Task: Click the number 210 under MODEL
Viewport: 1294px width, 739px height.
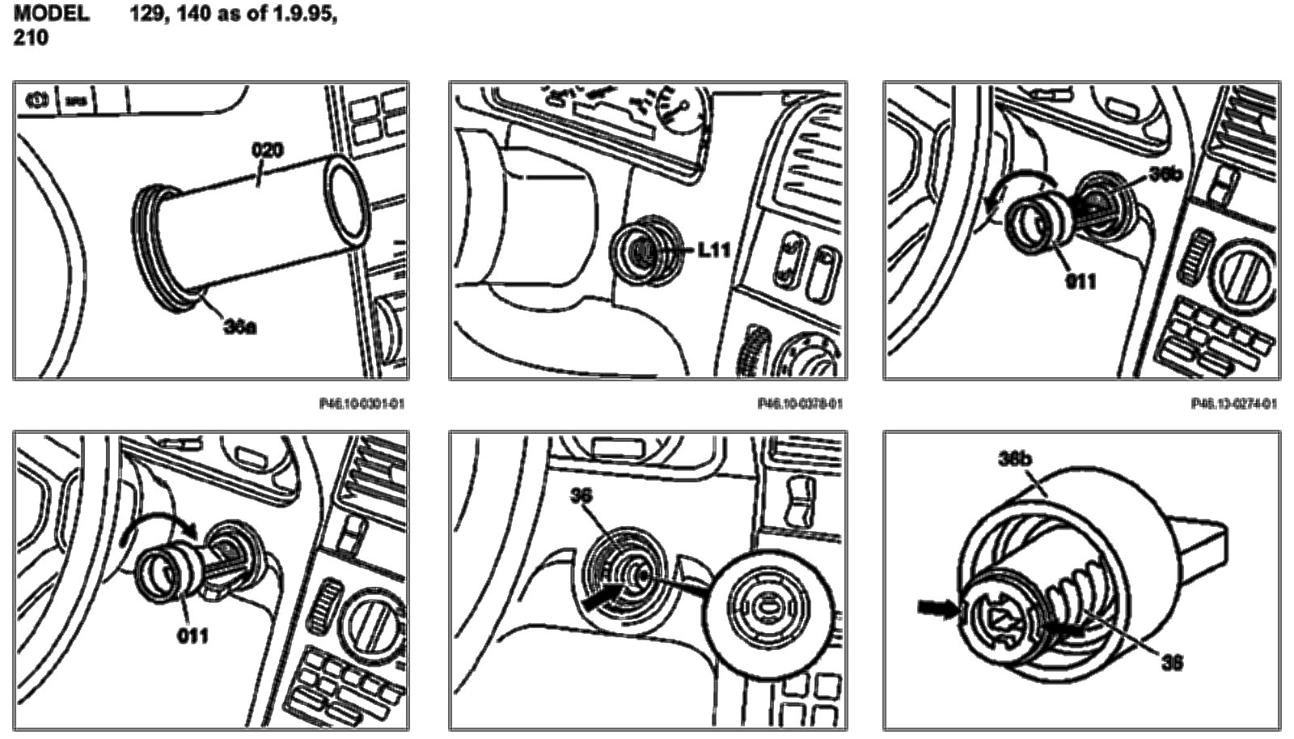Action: [31, 38]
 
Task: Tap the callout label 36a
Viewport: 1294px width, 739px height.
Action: [239, 329]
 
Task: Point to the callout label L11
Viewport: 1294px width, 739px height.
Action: [713, 250]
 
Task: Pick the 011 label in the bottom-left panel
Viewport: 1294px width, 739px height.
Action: [192, 635]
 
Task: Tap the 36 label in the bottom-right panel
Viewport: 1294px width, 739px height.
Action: [1170, 663]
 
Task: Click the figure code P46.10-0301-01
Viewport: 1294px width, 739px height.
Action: [361, 403]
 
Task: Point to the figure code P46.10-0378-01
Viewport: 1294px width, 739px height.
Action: [799, 403]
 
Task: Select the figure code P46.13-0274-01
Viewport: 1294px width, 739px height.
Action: [1234, 403]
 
